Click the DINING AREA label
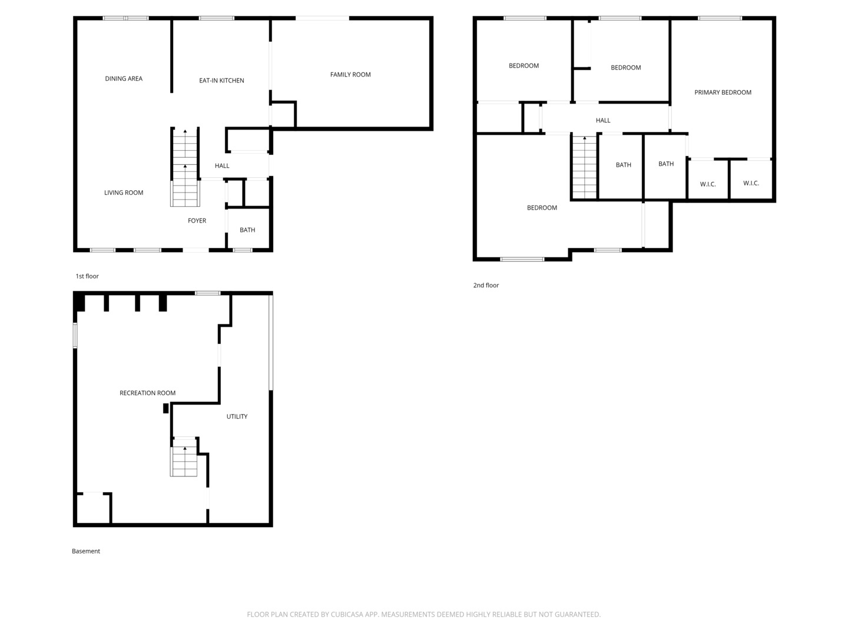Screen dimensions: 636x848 pyautogui.click(x=124, y=78)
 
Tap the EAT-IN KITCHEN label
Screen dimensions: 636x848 pyautogui.click(x=221, y=81)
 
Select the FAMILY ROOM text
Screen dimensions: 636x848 pyautogui.click(x=350, y=75)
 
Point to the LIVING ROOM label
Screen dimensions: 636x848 pyautogui.click(x=124, y=193)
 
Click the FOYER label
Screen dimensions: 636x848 pyautogui.click(x=197, y=221)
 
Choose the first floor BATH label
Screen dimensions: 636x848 pyautogui.click(x=247, y=230)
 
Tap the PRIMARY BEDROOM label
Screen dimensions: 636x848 pyautogui.click(x=723, y=92)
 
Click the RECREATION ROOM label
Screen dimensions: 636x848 pyautogui.click(x=147, y=393)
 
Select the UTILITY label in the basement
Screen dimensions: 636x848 pyautogui.click(x=237, y=416)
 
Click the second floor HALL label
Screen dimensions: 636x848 pyautogui.click(x=603, y=121)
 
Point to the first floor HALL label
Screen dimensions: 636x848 pyautogui.click(x=222, y=166)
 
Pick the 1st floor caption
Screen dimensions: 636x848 pyautogui.click(x=87, y=276)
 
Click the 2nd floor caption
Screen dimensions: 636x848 pyautogui.click(x=486, y=286)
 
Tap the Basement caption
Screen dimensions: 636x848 pyautogui.click(x=86, y=551)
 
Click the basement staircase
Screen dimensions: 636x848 pyautogui.click(x=184, y=461)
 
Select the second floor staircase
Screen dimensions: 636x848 pyautogui.click(x=585, y=167)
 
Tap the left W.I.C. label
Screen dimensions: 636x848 pyautogui.click(x=708, y=184)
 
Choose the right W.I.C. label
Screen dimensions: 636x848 pyautogui.click(x=751, y=183)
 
